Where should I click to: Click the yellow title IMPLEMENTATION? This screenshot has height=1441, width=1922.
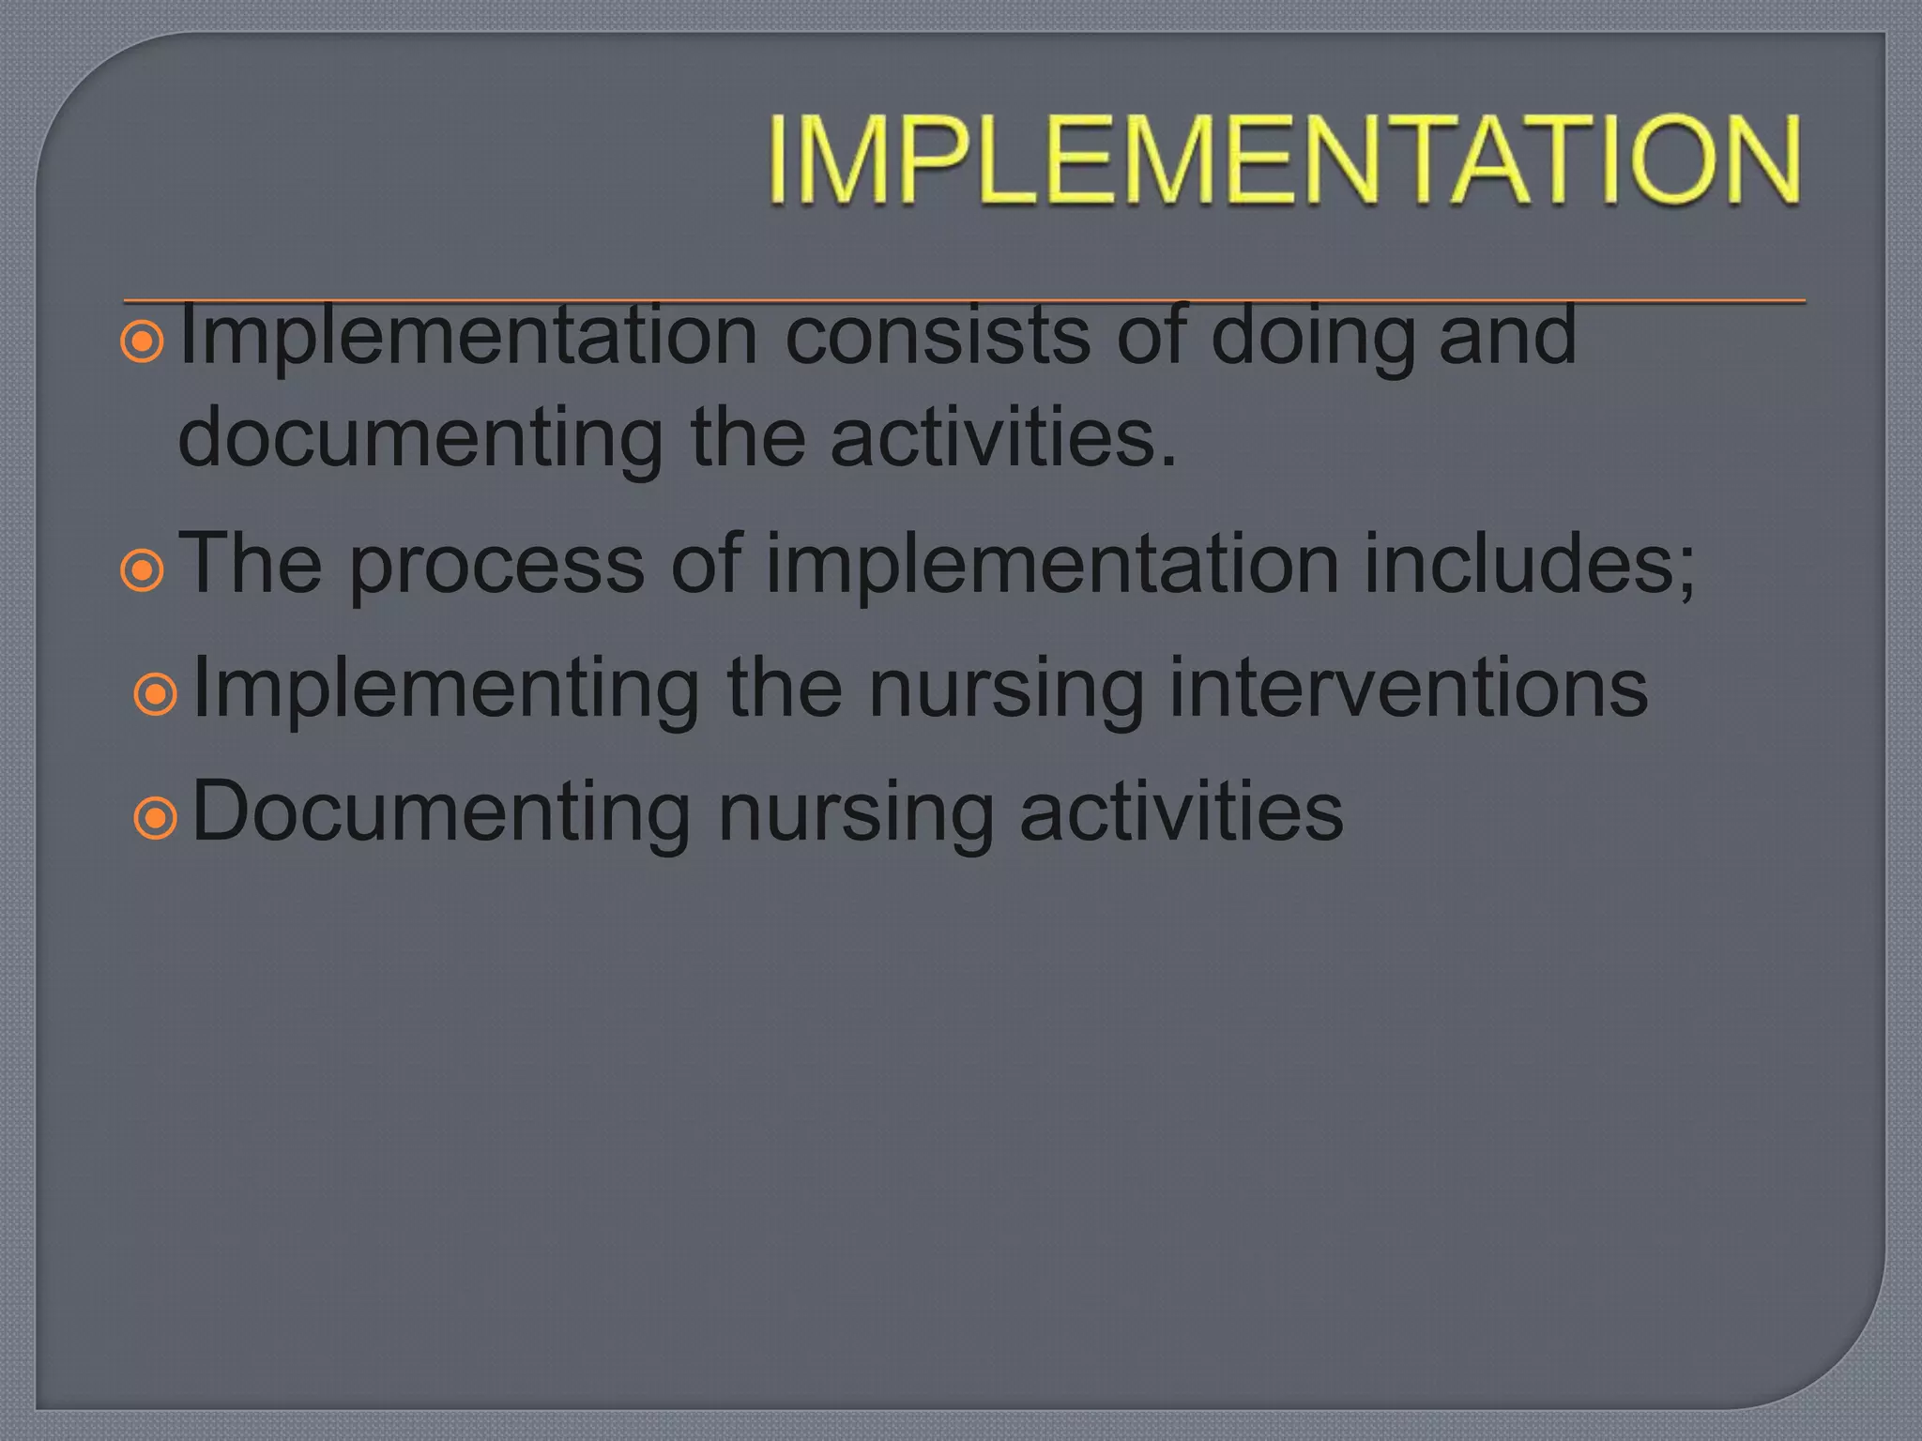point(1284,159)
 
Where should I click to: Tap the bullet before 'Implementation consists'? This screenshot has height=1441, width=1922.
point(143,342)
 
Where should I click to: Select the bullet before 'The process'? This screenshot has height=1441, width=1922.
point(143,570)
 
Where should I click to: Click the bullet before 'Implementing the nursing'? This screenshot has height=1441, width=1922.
point(156,695)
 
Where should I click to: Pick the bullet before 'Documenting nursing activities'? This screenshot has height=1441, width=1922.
point(156,818)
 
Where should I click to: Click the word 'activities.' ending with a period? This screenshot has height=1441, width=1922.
point(1003,437)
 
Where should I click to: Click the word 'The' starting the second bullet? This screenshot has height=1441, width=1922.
point(251,563)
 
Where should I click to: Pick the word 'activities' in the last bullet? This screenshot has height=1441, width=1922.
point(1181,812)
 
